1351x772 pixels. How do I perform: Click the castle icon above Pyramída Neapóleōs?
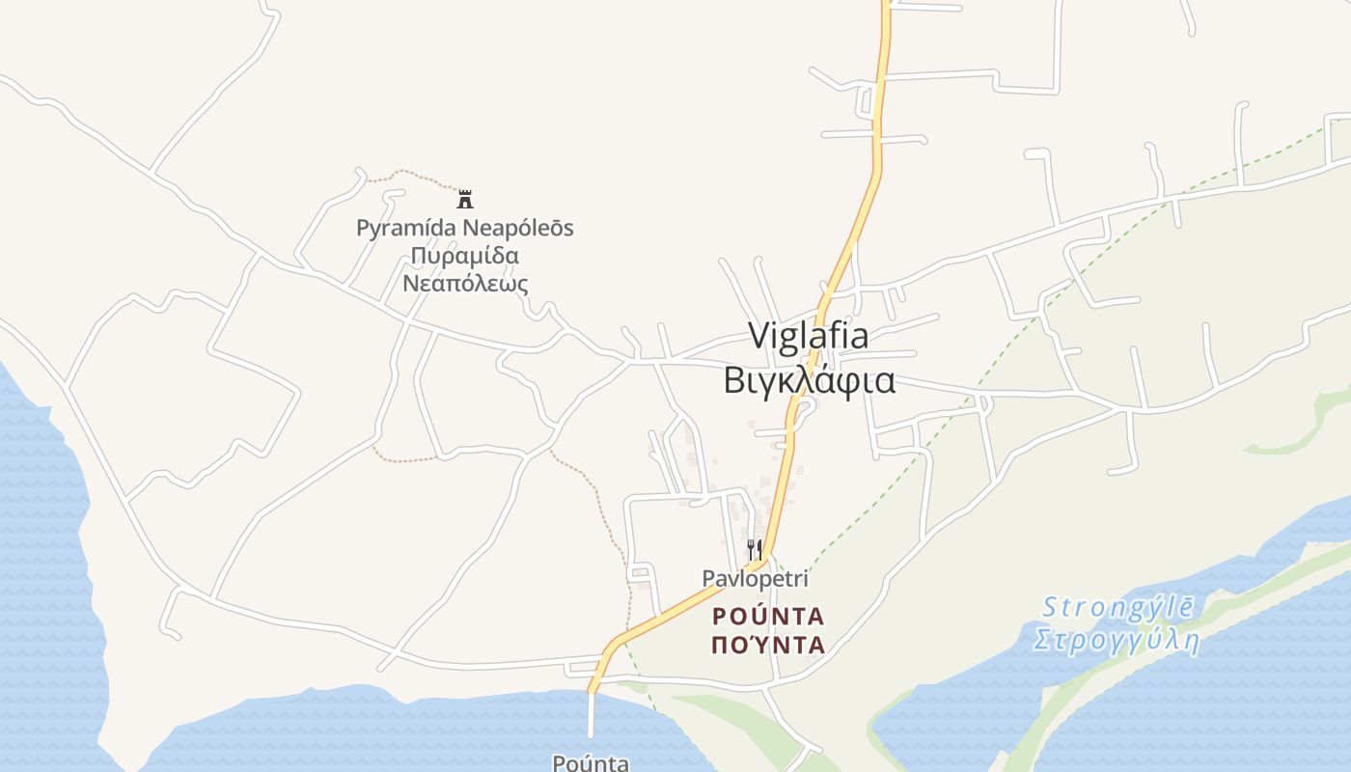click(465, 200)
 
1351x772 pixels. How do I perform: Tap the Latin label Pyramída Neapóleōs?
click(465, 229)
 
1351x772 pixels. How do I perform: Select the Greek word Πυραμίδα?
click(465, 256)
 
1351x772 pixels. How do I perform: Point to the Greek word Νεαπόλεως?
click(465, 284)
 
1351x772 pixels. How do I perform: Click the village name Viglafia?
click(809, 336)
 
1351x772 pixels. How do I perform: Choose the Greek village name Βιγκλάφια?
click(809, 380)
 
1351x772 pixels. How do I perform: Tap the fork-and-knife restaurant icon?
click(755, 550)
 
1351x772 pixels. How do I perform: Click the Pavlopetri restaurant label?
click(755, 579)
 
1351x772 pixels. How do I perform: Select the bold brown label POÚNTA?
click(768, 616)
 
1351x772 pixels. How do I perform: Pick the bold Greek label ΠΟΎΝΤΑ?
click(768, 645)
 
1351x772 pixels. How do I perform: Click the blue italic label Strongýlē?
click(1118, 608)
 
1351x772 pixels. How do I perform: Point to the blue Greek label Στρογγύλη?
click(1116, 641)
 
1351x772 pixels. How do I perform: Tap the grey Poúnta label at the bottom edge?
click(591, 762)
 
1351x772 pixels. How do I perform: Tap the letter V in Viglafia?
click(760, 336)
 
